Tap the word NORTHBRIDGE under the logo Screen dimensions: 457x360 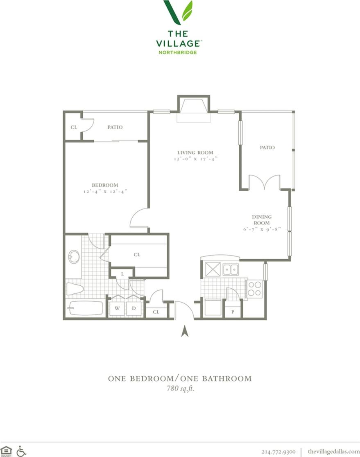click(x=178, y=52)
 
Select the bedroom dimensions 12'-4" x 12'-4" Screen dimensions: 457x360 click(x=105, y=191)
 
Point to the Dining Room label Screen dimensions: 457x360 click(x=261, y=220)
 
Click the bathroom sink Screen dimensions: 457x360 click(x=74, y=257)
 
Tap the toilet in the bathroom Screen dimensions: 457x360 click(x=75, y=289)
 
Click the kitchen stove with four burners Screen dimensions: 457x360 click(x=254, y=288)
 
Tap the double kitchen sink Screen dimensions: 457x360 click(x=231, y=269)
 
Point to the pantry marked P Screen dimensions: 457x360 click(x=232, y=311)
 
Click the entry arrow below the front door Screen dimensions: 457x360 click(x=185, y=331)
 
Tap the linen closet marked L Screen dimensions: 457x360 click(x=122, y=274)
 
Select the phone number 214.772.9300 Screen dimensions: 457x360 click(x=278, y=451)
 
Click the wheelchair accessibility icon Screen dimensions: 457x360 click(x=21, y=451)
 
